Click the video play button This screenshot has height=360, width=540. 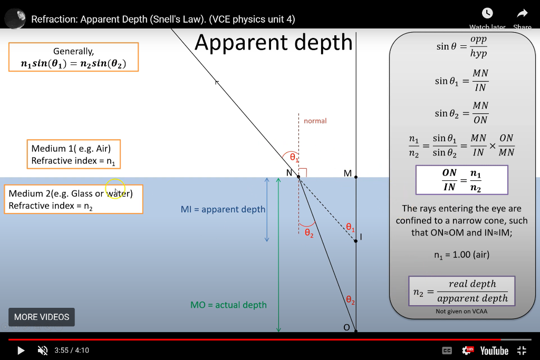click(21, 350)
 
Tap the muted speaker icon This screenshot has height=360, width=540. click(43, 350)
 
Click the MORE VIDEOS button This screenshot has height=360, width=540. click(42, 317)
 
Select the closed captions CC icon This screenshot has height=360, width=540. click(446, 351)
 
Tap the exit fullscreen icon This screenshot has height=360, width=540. click(522, 351)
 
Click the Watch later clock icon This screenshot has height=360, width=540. click(487, 14)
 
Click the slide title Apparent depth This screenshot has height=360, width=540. click(273, 42)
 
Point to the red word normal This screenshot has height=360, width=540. click(315, 121)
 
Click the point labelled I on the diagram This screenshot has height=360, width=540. click(356, 240)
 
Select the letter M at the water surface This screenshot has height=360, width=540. click(347, 173)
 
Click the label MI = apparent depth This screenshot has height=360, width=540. click(223, 209)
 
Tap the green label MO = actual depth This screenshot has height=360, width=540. click(228, 305)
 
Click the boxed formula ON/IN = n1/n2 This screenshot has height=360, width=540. click(461, 180)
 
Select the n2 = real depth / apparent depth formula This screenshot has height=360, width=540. click(461, 291)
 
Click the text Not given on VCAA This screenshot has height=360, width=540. click(461, 312)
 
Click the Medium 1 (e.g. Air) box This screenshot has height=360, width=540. click(74, 154)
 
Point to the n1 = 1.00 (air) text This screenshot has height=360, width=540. click(461, 255)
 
